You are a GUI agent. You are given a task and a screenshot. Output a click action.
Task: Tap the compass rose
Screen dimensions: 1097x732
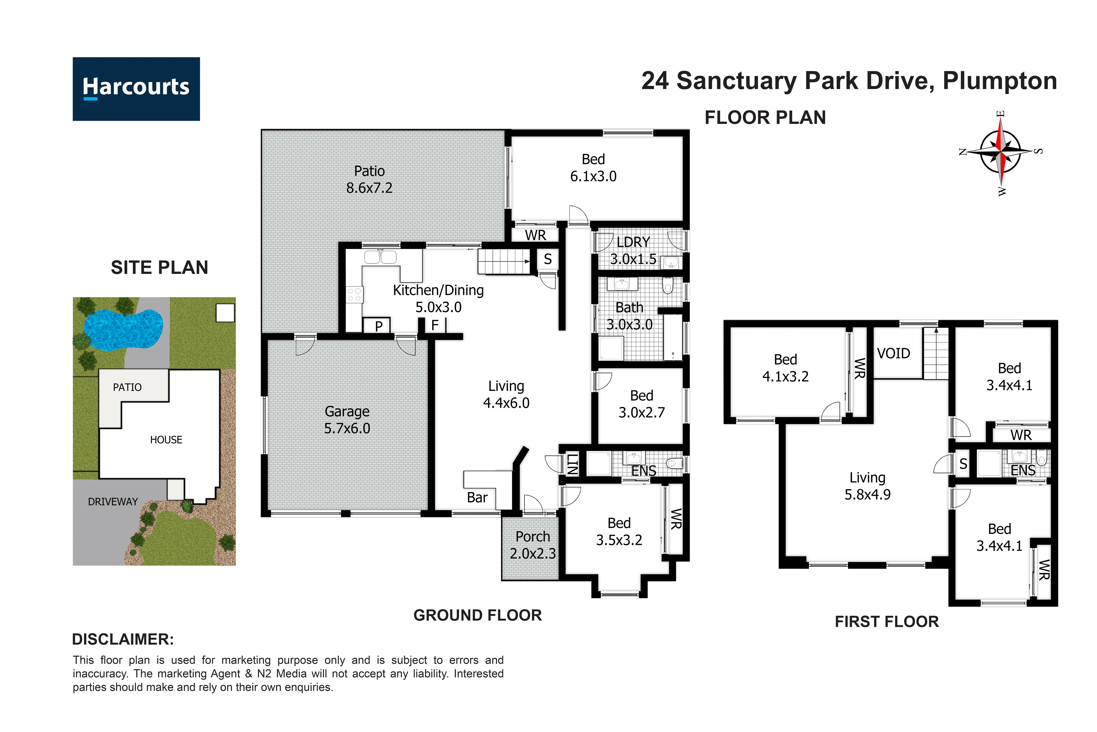pyautogui.click(x=1000, y=152)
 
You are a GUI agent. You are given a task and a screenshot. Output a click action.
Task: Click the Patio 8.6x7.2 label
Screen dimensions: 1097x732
pyautogui.click(x=369, y=179)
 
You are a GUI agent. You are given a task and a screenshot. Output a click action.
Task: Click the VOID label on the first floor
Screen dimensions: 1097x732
pyautogui.click(x=894, y=354)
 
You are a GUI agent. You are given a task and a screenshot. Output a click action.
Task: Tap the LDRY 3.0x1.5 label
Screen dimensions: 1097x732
pyautogui.click(x=634, y=251)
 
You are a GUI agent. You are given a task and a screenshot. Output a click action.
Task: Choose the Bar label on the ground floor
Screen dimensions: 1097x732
pyautogui.click(x=477, y=498)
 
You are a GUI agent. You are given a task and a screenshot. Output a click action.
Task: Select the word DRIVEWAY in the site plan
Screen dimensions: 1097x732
pyautogui.click(x=113, y=502)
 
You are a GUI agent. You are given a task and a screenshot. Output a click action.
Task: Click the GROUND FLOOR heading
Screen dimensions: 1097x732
pyautogui.click(x=477, y=615)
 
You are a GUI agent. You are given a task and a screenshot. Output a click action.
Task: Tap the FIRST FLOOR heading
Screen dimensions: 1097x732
pyautogui.click(x=887, y=622)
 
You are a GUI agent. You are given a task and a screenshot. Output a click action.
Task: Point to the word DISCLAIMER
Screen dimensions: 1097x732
pyautogui.click(x=123, y=640)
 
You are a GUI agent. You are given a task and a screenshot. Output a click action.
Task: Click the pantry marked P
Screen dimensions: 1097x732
pyautogui.click(x=379, y=326)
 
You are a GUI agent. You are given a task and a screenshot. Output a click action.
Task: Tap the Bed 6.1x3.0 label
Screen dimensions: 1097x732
pyautogui.click(x=593, y=168)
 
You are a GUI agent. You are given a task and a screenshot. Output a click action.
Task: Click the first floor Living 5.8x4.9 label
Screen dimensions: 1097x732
pyautogui.click(x=867, y=486)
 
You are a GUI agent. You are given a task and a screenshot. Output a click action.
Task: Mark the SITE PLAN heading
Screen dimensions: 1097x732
pyautogui.click(x=160, y=268)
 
